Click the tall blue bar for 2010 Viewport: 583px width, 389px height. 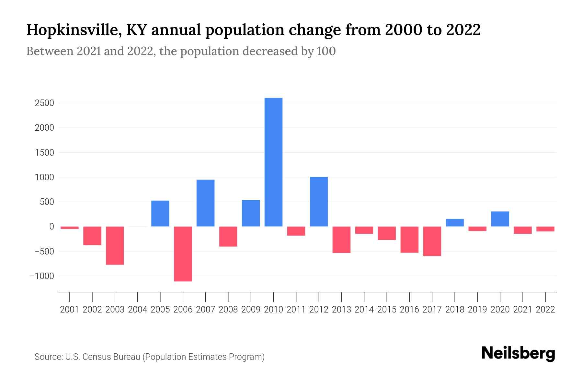coord(273,162)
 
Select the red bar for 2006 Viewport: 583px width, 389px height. coord(183,254)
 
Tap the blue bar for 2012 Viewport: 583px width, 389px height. coord(319,202)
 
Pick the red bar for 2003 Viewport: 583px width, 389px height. coord(115,245)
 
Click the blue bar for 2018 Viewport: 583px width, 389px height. coord(455,223)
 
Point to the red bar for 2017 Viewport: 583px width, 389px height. coord(432,241)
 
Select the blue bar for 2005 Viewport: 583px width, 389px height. coord(160,214)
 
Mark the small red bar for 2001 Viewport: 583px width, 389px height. coord(70,228)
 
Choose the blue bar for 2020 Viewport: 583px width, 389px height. coord(500,219)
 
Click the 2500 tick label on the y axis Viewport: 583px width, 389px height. coord(44,103)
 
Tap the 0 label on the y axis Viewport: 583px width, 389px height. coord(51,227)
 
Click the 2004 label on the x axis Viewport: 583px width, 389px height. coord(138,310)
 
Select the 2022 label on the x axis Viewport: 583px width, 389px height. coord(545,310)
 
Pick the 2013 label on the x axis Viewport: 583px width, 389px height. coord(341,310)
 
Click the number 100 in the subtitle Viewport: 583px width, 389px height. coord(326,51)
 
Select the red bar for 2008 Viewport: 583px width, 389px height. coord(228,237)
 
